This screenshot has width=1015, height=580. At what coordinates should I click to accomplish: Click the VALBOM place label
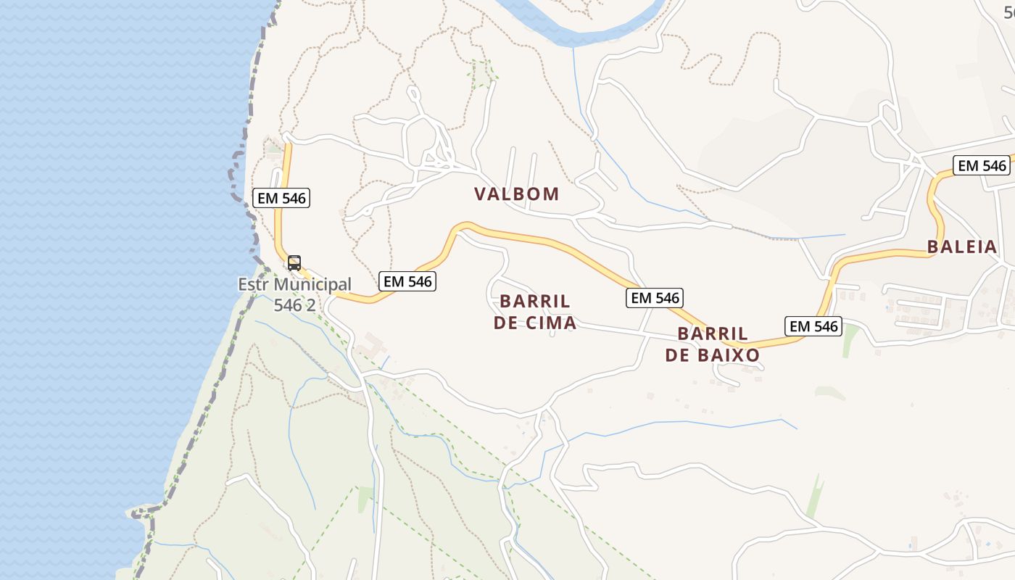(517, 194)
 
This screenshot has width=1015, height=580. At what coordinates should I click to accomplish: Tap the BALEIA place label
(962, 246)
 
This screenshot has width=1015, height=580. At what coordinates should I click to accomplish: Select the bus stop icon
(294, 263)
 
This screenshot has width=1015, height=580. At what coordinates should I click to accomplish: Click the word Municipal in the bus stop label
(318, 284)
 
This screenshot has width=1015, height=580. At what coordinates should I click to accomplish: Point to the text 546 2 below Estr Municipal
(294, 305)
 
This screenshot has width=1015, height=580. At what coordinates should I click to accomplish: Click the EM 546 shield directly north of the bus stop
(282, 198)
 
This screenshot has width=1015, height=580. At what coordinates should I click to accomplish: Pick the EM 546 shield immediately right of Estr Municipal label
(407, 281)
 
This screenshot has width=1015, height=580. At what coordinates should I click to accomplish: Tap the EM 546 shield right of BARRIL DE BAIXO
(813, 326)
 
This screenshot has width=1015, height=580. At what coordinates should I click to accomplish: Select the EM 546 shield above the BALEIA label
(982, 165)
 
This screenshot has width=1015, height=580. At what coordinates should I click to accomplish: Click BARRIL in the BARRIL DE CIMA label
(535, 301)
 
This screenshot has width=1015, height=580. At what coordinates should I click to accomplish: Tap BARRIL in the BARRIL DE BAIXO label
(713, 333)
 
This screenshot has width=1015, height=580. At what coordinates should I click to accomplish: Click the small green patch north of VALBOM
(482, 74)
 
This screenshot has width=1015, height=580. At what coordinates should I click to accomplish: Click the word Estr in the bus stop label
(257, 284)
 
